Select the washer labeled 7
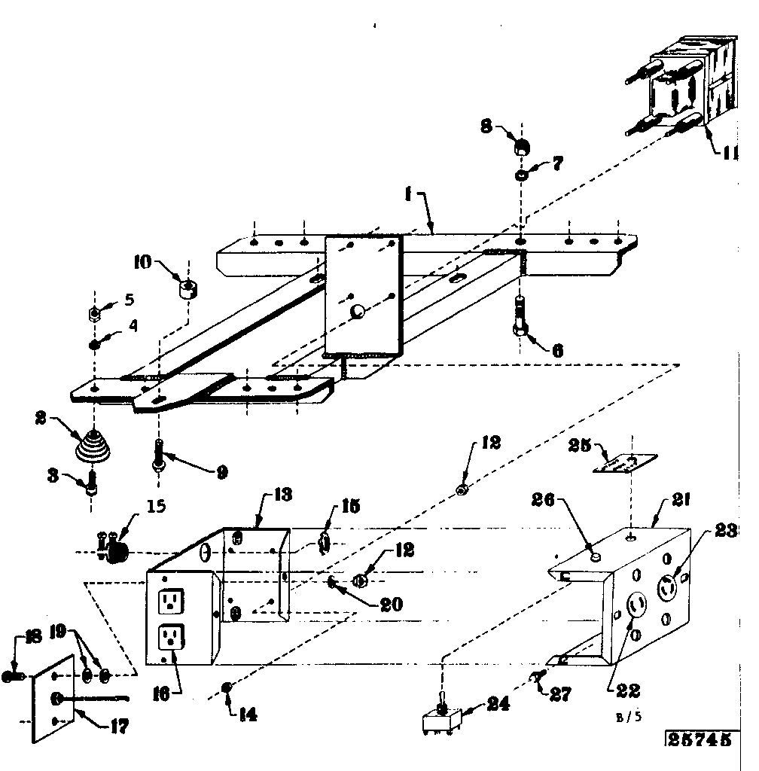click(521, 175)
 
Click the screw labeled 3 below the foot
click(92, 481)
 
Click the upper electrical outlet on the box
click(172, 600)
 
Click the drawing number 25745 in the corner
click(700, 739)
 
